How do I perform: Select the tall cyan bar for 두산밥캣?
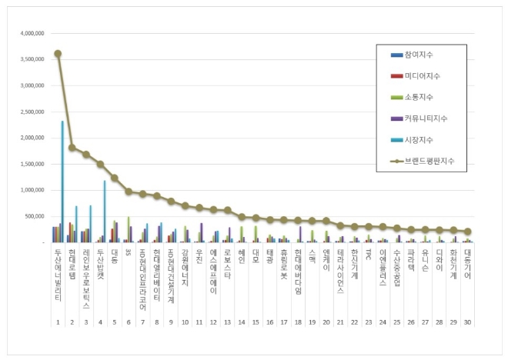coord(105,212)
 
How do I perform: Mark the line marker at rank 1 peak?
coord(58,54)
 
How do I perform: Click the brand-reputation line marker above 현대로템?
coord(72,148)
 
